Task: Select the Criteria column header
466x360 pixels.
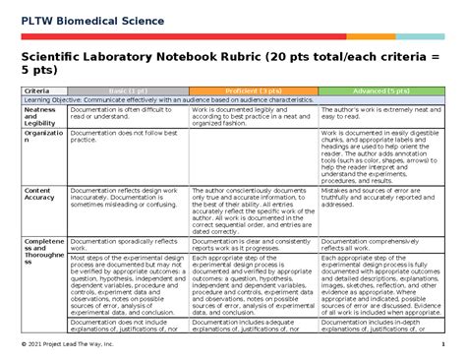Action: tap(37, 90)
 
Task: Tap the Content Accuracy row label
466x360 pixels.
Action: tap(37, 194)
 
